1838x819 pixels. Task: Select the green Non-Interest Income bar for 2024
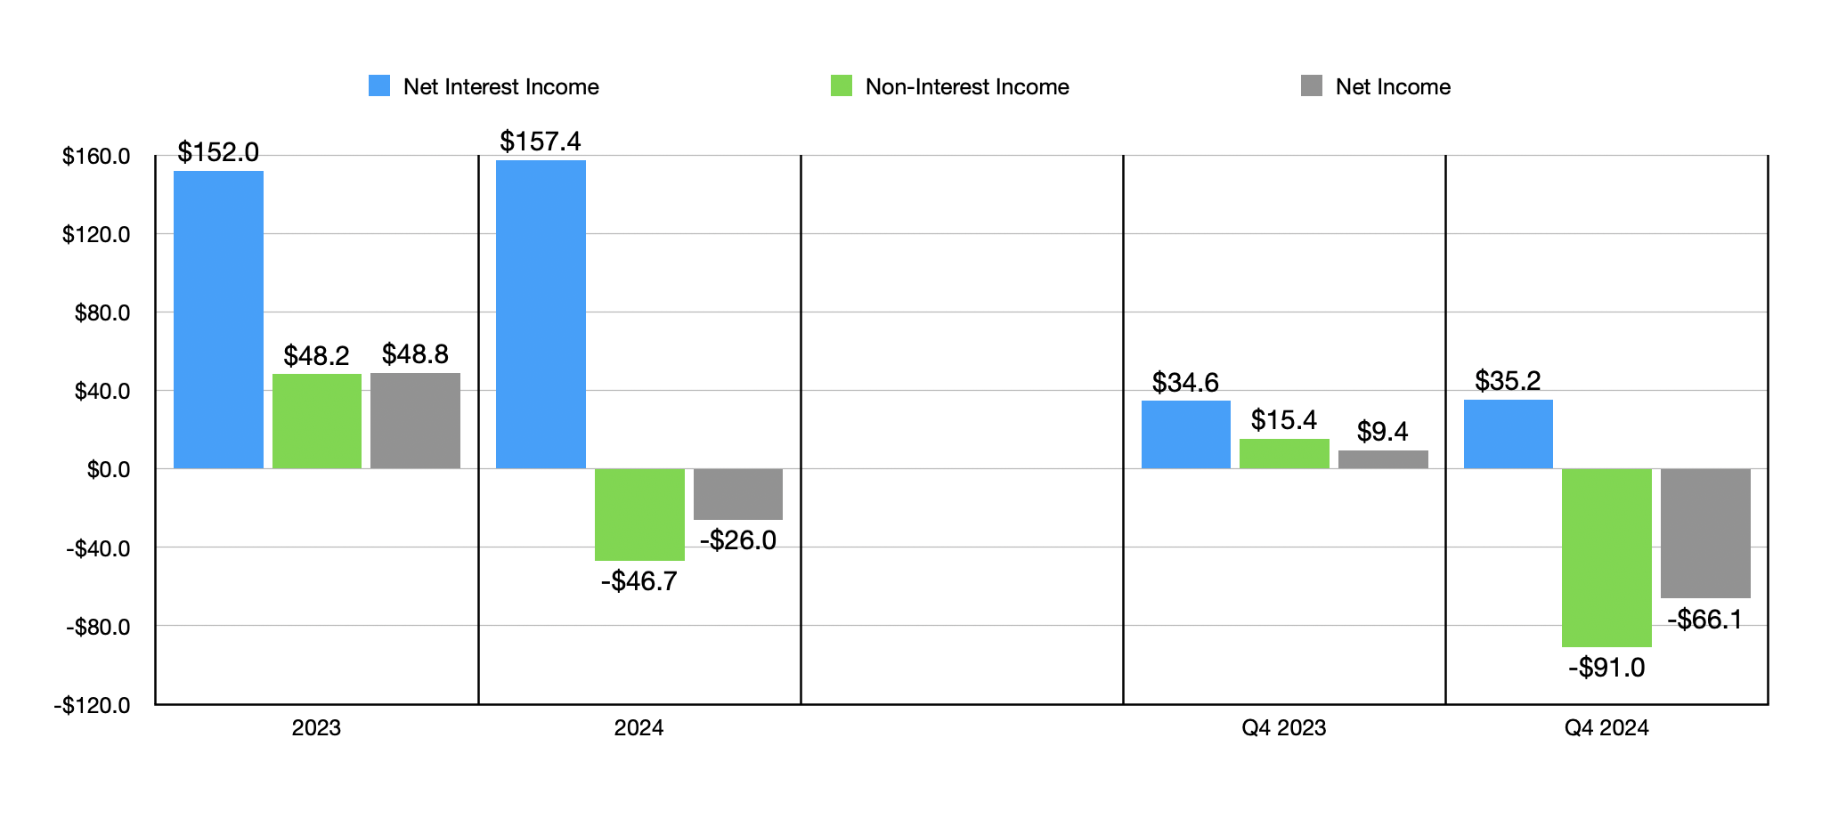click(639, 515)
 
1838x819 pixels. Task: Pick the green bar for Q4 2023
click(1284, 454)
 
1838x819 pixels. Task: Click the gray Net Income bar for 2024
click(738, 494)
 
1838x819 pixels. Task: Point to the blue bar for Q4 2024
click(1509, 434)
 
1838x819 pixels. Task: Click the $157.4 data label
click(541, 142)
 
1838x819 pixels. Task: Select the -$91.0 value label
click(1606, 668)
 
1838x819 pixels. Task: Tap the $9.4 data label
click(1382, 432)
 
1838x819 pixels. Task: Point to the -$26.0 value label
click(738, 540)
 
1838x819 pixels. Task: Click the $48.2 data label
click(316, 356)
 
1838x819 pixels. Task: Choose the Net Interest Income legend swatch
click(379, 86)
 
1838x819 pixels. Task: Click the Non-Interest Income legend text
click(967, 86)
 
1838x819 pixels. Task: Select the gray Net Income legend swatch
click(1311, 86)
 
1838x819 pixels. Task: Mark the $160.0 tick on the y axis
click(96, 157)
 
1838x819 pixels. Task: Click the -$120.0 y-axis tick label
click(93, 706)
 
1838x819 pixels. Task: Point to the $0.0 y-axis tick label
click(108, 470)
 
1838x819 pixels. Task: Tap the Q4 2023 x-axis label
click(1284, 728)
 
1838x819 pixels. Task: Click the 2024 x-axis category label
click(638, 728)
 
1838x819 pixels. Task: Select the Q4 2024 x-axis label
click(1606, 728)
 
